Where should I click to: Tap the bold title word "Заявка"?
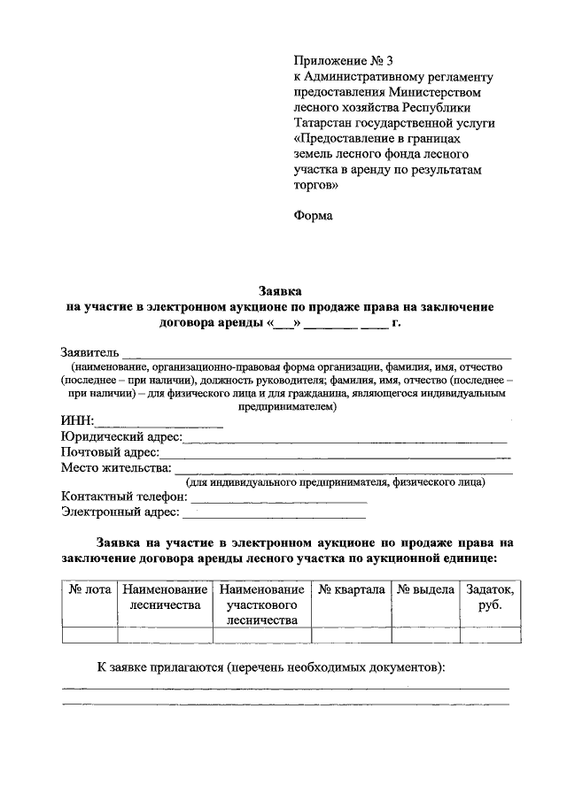click(280, 290)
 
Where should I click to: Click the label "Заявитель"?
click(89, 353)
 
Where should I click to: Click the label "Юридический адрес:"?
click(120, 437)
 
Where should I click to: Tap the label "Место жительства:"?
click(115, 468)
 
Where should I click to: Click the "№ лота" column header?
click(89, 590)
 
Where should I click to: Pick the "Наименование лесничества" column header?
click(166, 597)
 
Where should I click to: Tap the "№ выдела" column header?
click(425, 590)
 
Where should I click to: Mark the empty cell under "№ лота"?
click(89, 634)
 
